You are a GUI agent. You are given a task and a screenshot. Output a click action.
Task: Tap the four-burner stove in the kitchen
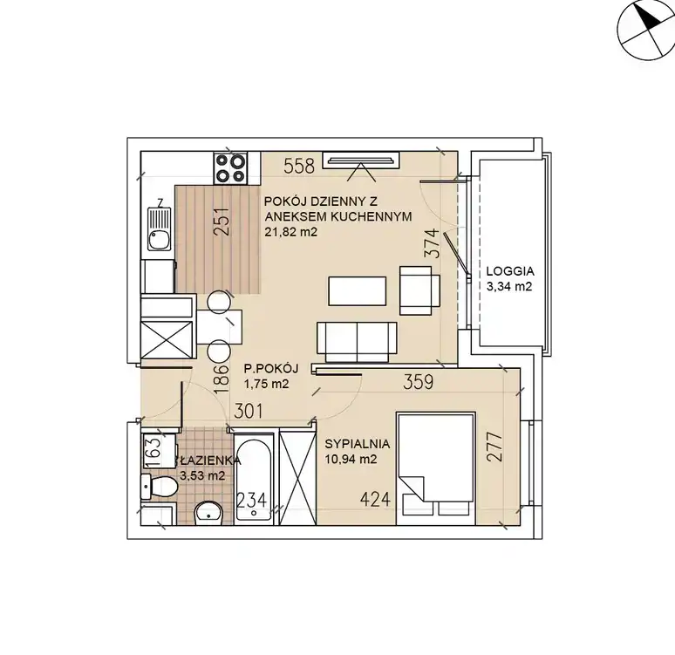(x=231, y=168)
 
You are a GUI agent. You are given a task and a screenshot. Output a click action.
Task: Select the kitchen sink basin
(x=159, y=229)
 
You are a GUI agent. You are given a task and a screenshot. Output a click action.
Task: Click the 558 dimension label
(x=300, y=166)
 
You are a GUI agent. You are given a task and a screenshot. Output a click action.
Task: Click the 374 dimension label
(x=432, y=243)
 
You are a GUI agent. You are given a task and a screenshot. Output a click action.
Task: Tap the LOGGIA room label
(x=510, y=271)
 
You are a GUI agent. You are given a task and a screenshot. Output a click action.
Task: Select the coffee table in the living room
(x=358, y=291)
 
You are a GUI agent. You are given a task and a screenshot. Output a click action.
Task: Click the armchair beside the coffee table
(x=419, y=290)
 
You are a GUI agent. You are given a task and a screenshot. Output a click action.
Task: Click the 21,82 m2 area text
(x=290, y=232)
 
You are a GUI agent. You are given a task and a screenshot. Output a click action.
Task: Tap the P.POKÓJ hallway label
(x=271, y=369)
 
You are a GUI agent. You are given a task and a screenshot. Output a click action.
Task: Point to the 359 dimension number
(x=418, y=382)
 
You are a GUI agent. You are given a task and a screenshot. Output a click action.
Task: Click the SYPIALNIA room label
(x=358, y=444)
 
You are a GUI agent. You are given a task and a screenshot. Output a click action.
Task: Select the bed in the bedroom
(x=436, y=468)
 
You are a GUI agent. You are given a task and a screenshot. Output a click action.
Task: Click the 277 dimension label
(x=495, y=447)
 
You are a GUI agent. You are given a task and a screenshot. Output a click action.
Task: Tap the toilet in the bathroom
(x=160, y=488)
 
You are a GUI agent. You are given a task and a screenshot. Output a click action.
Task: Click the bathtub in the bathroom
(x=255, y=479)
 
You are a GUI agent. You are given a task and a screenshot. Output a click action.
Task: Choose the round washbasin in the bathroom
(x=208, y=514)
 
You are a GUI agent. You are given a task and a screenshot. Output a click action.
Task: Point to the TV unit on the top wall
(x=362, y=160)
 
